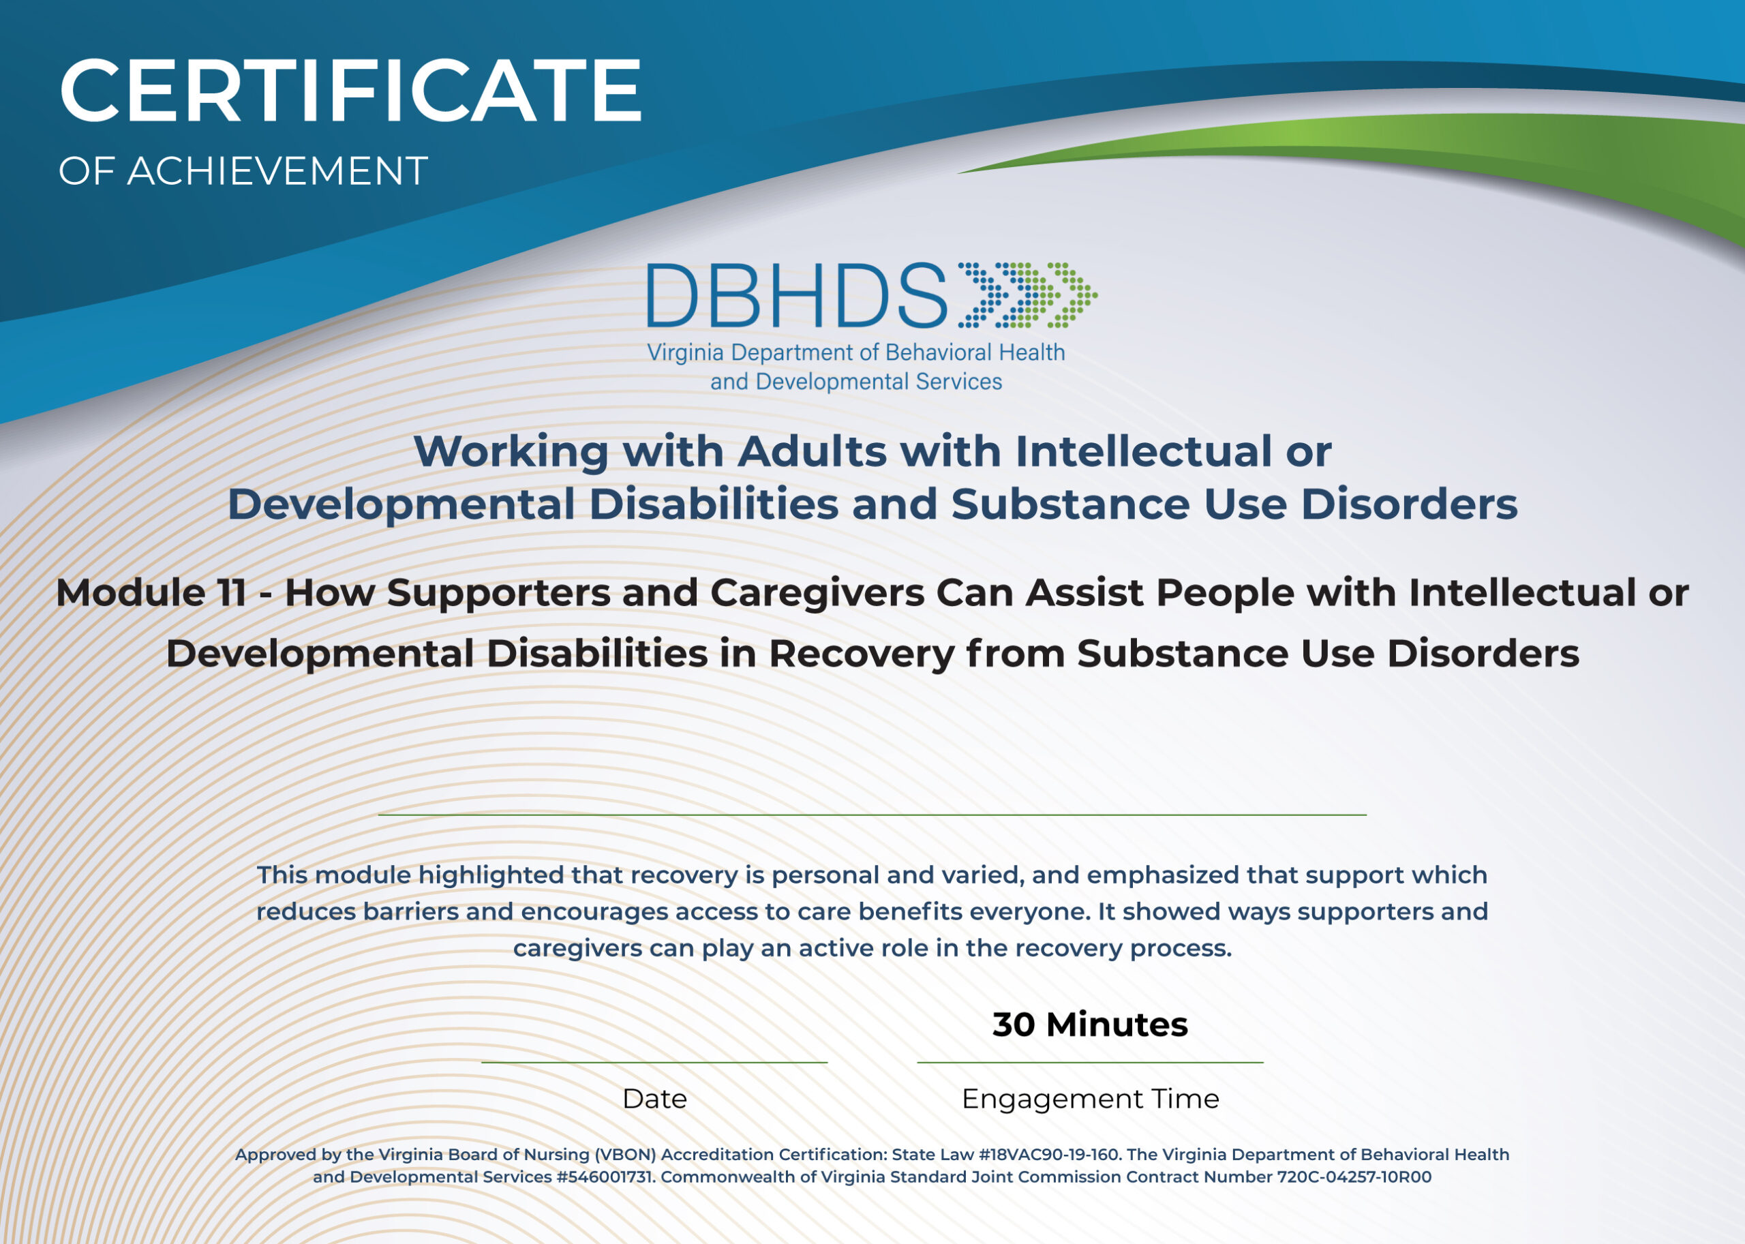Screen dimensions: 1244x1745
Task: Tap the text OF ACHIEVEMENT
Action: click(x=243, y=171)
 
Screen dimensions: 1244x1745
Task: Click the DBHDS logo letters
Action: click(x=797, y=296)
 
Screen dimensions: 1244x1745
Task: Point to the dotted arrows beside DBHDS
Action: click(x=1027, y=296)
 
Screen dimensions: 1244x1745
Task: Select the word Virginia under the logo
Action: click(x=685, y=353)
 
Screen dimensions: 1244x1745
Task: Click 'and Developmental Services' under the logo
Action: click(x=855, y=382)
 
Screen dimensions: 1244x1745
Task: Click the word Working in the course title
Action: click(x=511, y=452)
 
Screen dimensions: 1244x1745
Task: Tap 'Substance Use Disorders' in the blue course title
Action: click(x=1233, y=505)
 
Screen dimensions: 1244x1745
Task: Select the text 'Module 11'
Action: click(x=151, y=593)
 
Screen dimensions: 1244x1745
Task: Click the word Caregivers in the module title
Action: click(x=817, y=593)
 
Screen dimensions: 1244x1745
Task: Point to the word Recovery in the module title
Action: click(x=862, y=654)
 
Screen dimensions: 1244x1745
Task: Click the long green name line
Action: click(x=872, y=815)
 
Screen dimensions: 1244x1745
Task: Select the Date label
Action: click(x=654, y=1099)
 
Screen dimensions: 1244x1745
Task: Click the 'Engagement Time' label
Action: click(x=1089, y=1099)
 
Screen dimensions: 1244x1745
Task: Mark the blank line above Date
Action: click(x=654, y=1063)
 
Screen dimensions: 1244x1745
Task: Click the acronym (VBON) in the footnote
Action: click(x=625, y=1155)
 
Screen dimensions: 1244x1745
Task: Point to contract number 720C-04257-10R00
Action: click(x=1354, y=1177)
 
